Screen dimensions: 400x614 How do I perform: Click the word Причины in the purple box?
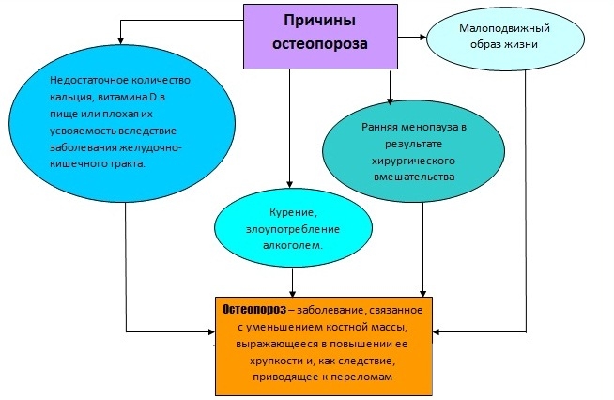319,20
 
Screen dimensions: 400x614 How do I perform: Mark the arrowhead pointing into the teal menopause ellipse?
391,99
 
